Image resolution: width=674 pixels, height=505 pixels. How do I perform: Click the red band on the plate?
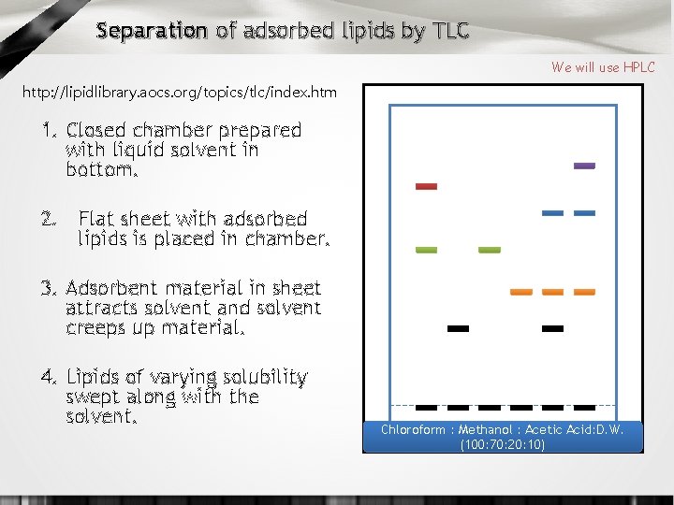(426, 187)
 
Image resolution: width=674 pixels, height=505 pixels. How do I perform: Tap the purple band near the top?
(584, 166)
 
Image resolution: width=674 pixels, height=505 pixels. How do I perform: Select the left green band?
(426, 251)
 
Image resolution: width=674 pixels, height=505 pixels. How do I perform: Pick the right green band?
(490, 251)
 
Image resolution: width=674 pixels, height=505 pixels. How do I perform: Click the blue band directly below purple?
(584, 213)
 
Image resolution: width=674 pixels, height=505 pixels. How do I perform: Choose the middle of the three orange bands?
(552, 293)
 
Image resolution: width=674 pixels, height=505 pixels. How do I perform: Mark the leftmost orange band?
(520, 293)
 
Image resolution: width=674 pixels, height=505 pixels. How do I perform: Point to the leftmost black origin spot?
(426, 408)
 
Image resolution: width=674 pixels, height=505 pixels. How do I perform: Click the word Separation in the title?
(151, 32)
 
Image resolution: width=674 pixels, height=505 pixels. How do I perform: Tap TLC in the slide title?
(450, 32)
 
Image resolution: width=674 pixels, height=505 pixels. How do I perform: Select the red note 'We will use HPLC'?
(603, 67)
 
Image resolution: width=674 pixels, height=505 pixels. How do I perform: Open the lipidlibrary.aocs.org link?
(178, 93)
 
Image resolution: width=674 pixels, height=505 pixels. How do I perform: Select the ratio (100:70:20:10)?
(503, 445)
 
